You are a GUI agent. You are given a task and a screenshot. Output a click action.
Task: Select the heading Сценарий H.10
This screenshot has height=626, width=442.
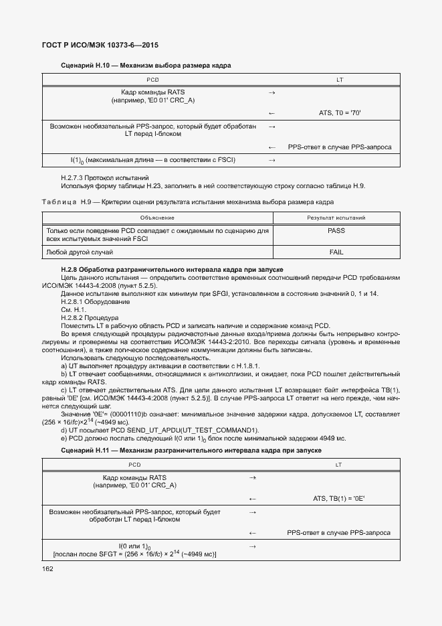(146, 66)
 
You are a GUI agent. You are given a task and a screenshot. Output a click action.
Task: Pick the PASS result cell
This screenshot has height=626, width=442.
(336, 230)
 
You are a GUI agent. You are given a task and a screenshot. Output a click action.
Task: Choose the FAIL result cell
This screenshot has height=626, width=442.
(336, 252)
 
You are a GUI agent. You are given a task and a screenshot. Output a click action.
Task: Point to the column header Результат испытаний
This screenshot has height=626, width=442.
(336, 218)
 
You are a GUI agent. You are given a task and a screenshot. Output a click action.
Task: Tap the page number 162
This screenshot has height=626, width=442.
(47, 568)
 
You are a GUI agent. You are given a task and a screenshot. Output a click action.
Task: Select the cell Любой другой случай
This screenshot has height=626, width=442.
(79, 252)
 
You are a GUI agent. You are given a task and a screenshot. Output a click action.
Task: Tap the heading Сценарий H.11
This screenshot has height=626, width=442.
(191, 451)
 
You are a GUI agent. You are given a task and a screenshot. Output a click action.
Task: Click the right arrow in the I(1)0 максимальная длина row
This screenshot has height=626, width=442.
(272, 160)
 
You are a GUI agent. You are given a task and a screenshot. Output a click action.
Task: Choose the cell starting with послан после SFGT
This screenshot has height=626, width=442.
(134, 554)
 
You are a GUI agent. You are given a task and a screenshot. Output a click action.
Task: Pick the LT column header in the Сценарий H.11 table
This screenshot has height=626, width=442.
(338, 464)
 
